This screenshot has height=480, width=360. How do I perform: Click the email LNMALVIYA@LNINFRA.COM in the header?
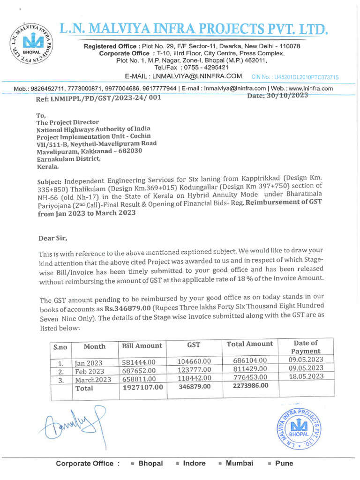tap(183, 76)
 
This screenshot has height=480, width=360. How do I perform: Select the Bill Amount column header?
tap(142, 345)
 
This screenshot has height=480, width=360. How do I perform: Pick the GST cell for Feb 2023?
tap(194, 369)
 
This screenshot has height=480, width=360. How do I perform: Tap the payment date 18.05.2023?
tap(306, 376)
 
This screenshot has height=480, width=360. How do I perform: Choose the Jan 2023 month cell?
tap(89, 363)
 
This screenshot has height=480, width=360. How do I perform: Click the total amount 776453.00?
tap(250, 377)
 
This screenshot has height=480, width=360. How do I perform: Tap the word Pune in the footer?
tap(284, 463)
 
